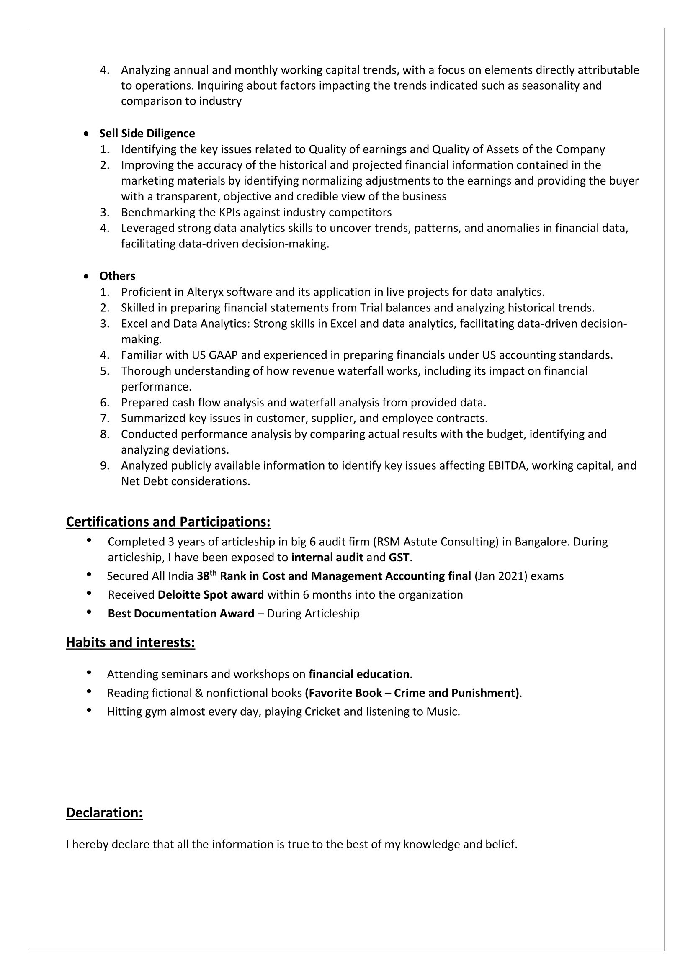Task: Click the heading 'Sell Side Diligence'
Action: [147, 134]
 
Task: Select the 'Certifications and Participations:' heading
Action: [168, 522]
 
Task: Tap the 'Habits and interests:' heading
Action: [130, 642]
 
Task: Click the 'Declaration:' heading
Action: [104, 813]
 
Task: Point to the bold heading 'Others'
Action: [117, 276]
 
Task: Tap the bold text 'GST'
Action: [399, 558]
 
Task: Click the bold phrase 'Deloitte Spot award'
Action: [210, 595]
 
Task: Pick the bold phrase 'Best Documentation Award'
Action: [181, 614]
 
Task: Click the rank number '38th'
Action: [206, 576]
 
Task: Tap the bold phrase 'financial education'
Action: [359, 674]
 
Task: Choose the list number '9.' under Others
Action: [105, 465]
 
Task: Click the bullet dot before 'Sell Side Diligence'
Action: [87, 134]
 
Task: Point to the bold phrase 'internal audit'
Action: [327, 558]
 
